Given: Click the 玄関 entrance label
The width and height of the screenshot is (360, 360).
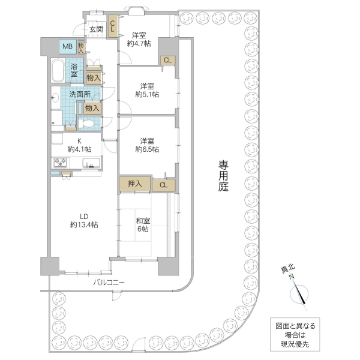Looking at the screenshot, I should point(97,29).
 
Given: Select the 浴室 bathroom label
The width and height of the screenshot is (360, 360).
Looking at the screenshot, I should point(76,70).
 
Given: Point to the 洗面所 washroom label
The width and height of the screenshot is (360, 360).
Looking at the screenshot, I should point(79,94).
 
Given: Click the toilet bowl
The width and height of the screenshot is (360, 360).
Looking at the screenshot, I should point(87,122).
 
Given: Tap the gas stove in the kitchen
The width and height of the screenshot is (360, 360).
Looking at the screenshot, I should point(60,162).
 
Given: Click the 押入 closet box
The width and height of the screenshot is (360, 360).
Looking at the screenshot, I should point(134,184).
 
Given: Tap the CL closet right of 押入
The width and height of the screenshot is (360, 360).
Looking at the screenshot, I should point(163,185).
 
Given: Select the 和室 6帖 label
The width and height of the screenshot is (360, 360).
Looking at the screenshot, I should point(143,224).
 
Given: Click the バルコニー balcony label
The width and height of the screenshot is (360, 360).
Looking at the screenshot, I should point(109,281).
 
